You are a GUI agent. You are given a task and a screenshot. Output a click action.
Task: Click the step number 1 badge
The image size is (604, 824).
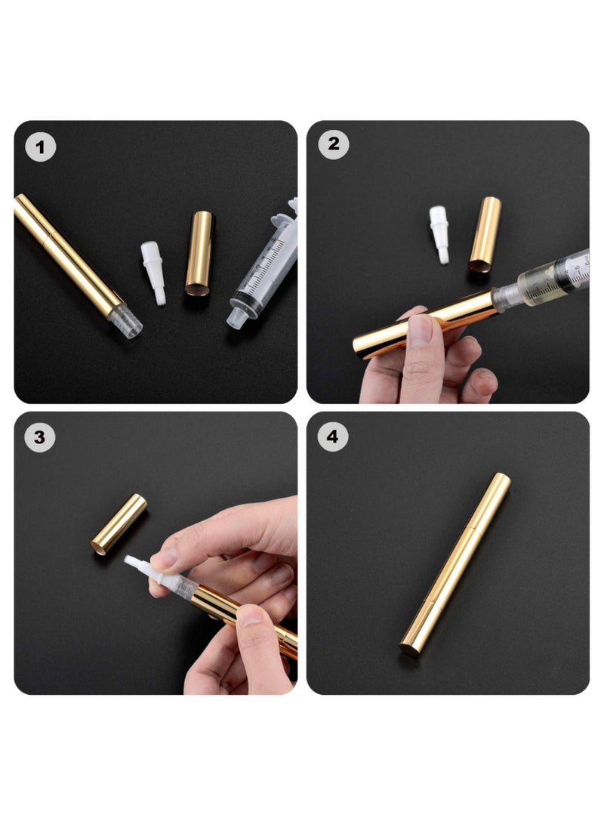coord(41,147)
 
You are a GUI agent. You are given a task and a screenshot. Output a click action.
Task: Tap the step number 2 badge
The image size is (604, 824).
coord(333,144)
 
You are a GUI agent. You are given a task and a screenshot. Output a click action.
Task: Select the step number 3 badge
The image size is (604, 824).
coord(40,437)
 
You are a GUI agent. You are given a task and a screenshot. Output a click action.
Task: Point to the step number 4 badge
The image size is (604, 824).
coord(333,437)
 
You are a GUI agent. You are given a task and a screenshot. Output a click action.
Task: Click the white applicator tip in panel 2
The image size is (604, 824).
coord(439,233)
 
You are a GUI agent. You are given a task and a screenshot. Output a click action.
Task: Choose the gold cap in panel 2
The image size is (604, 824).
coord(485,233)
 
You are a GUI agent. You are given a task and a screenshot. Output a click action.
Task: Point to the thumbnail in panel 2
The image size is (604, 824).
coord(421,332)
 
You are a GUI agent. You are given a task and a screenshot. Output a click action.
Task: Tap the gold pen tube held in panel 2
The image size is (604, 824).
coord(423,322)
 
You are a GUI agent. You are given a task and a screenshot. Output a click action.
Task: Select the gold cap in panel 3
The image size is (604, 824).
coord(119,523)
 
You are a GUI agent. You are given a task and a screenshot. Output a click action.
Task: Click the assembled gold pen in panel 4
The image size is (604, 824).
coord(455,563)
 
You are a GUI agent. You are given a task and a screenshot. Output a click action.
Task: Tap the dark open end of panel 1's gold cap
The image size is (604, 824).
coord(196,290)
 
